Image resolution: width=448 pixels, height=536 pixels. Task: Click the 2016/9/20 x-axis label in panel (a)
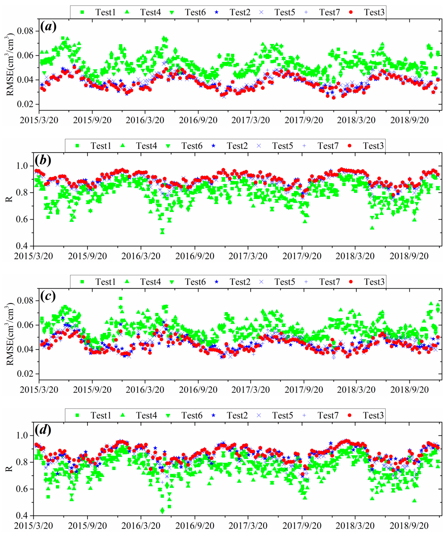[198, 120]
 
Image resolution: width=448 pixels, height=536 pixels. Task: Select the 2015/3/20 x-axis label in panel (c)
[39, 390]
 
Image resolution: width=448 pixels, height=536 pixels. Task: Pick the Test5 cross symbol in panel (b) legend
[259, 146]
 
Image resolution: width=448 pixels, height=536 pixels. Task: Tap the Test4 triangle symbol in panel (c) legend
[127, 282]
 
